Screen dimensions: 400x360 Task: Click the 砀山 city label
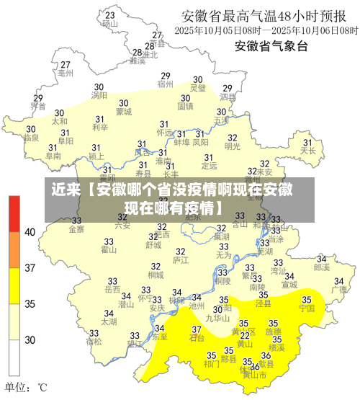[109, 23]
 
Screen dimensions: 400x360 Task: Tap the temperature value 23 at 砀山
[109, 14]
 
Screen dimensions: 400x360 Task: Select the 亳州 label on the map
[66, 73]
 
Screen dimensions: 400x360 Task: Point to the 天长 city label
[309, 151]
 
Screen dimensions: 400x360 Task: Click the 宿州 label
[166, 84]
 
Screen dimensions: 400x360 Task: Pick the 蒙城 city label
[123, 112]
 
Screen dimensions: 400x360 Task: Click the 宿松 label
[94, 342]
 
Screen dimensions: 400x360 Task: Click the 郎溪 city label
[321, 267]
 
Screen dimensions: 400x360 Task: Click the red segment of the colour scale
[14, 213]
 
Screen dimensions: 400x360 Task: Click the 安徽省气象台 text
[271, 47]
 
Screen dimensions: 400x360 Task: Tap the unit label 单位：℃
[26, 387]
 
